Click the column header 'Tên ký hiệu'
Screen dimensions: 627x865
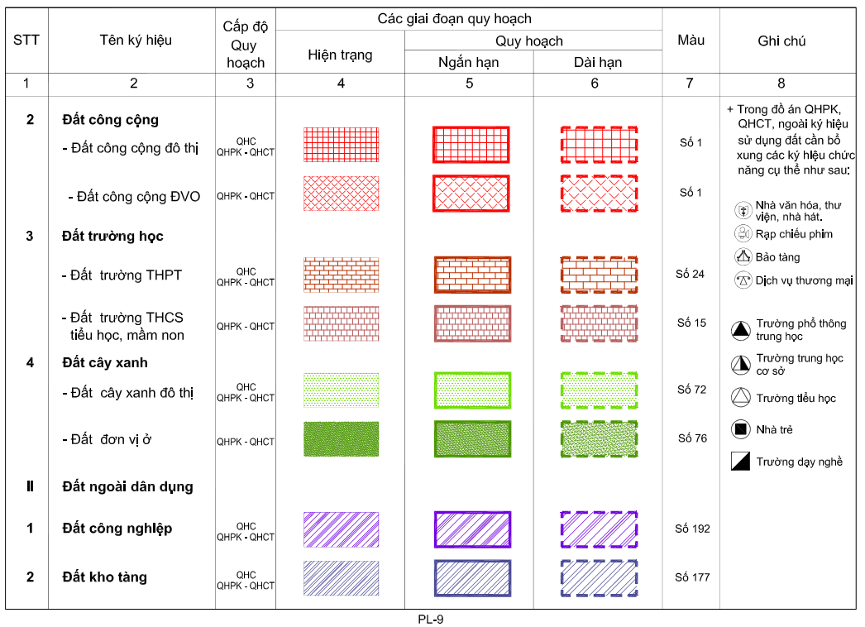click(136, 40)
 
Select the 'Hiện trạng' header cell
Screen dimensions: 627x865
click(340, 55)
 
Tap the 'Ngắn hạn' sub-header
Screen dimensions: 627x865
click(468, 62)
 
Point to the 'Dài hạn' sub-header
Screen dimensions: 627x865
click(597, 62)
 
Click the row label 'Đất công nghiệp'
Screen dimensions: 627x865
click(117, 529)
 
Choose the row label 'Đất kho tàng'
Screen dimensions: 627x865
click(104, 577)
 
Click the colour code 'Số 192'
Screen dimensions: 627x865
click(691, 529)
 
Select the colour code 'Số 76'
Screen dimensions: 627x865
click(691, 438)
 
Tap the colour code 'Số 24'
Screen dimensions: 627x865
click(690, 275)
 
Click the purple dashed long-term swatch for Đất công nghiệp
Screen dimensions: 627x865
click(599, 529)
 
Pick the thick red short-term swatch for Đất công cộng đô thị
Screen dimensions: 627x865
click(471, 145)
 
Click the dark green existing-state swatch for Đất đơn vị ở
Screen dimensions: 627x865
click(341, 439)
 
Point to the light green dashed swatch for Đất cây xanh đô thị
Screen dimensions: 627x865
click(599, 389)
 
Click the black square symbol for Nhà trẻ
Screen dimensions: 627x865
click(740, 429)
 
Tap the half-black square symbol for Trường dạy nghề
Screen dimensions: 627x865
click(740, 462)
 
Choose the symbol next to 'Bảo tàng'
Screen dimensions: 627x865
click(742, 257)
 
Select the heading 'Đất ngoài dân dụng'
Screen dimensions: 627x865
click(127, 486)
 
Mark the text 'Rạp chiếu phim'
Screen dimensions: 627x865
click(794, 234)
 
